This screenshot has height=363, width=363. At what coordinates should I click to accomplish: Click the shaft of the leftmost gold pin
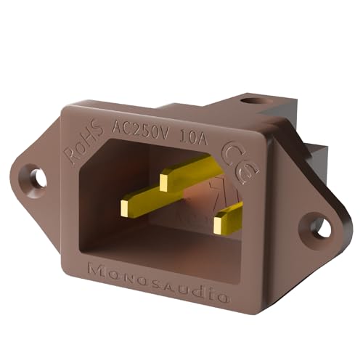149,196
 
